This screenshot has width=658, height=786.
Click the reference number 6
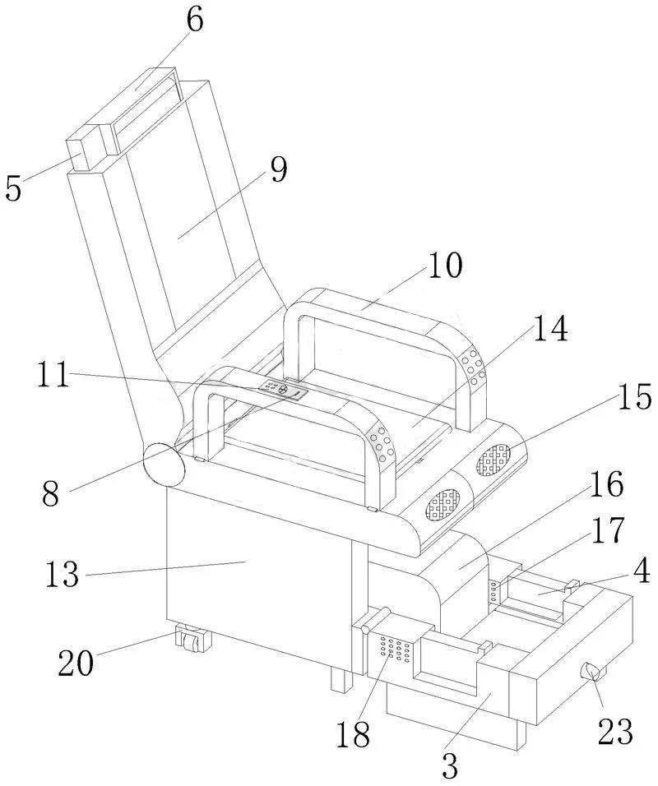pyautogui.click(x=196, y=21)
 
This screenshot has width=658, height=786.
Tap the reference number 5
pyautogui.click(x=14, y=188)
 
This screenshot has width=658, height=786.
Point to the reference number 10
pyautogui.click(x=445, y=266)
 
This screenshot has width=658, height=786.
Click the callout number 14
pyautogui.click(x=550, y=329)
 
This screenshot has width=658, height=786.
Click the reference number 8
pyautogui.click(x=51, y=492)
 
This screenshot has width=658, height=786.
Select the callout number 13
pyautogui.click(x=63, y=573)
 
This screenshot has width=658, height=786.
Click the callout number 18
pyautogui.click(x=353, y=734)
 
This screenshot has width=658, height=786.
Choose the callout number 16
pyautogui.click(x=607, y=483)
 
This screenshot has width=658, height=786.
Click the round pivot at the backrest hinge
pyautogui.click(x=164, y=465)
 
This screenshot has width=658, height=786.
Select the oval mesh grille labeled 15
pyautogui.click(x=493, y=460)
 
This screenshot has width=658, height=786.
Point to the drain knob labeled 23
pyautogui.click(x=593, y=671)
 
